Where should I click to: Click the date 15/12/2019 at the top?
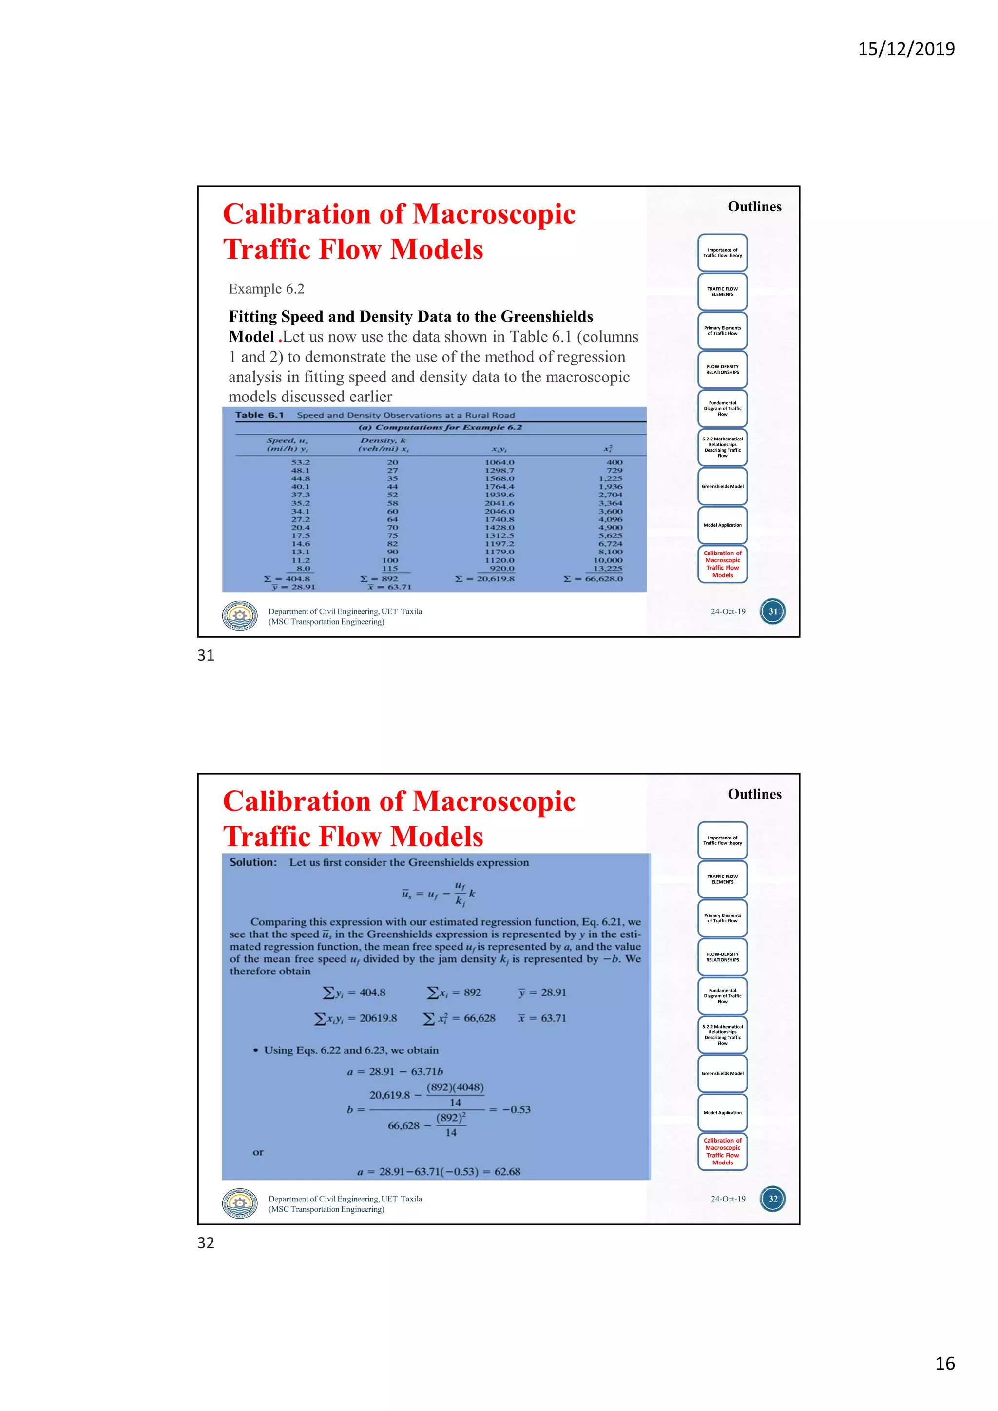(x=906, y=49)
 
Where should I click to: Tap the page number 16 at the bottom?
(x=944, y=1363)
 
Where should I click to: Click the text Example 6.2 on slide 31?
(x=266, y=289)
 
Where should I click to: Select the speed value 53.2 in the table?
(x=301, y=462)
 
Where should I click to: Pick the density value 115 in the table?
(x=390, y=569)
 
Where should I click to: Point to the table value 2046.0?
(x=499, y=511)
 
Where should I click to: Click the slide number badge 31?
(x=772, y=611)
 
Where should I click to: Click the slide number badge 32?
(x=772, y=1199)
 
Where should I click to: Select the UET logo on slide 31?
(x=240, y=616)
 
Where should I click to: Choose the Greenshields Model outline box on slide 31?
(x=722, y=486)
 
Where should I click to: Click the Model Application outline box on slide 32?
(x=722, y=1112)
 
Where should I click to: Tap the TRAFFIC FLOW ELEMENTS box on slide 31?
(x=722, y=292)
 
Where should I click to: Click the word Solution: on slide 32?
(x=253, y=862)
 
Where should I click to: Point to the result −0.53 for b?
(x=516, y=1109)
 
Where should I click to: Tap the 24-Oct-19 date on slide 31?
(x=728, y=611)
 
